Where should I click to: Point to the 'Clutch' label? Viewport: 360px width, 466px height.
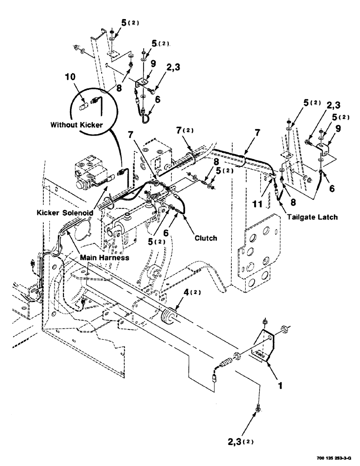click(206, 238)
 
